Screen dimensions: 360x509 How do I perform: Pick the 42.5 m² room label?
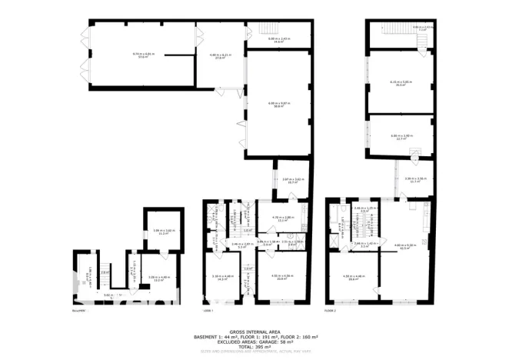(x=404, y=246)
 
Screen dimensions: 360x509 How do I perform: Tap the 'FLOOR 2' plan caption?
(x=331, y=312)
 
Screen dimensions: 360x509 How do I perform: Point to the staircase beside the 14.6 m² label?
(x=302, y=35)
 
